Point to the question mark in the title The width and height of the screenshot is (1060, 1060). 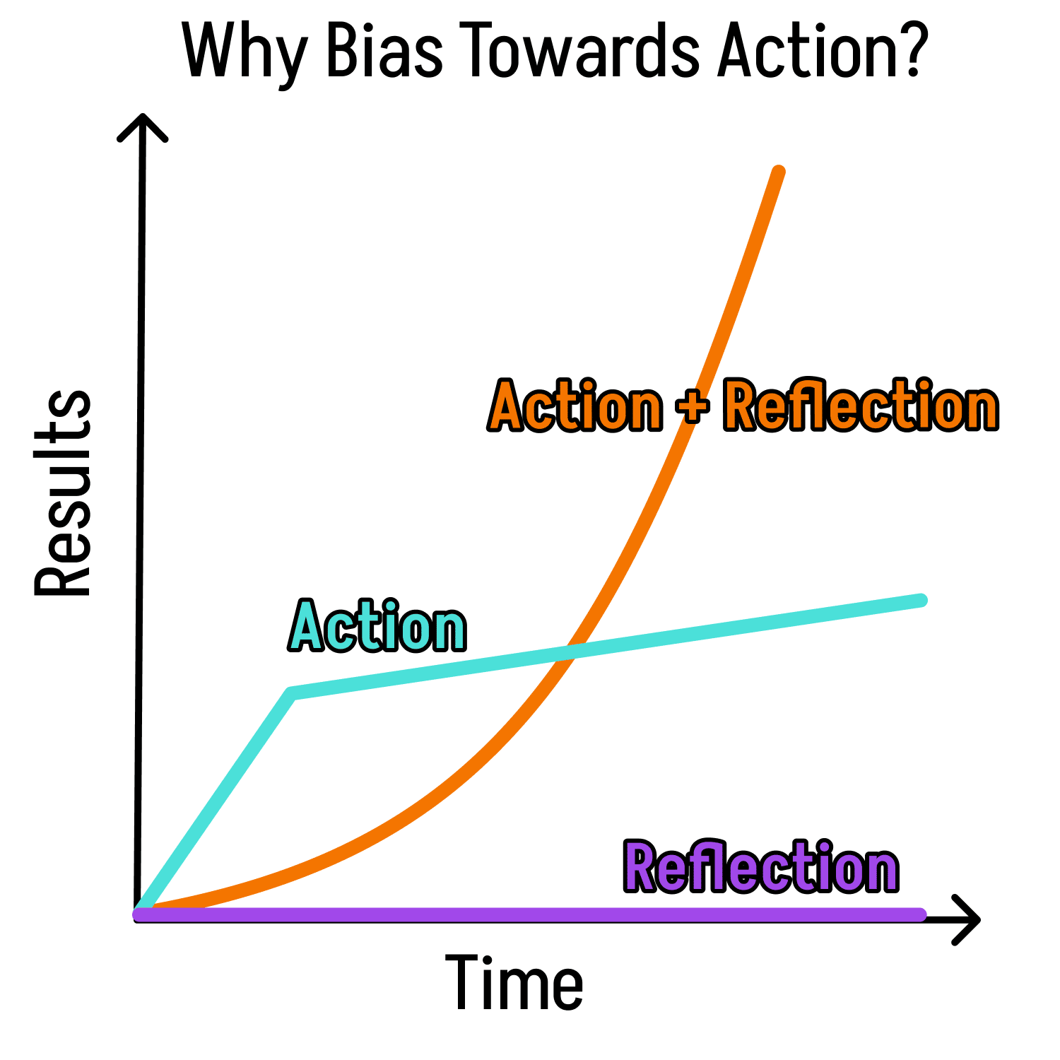click(907, 49)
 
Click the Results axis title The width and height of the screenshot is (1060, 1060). click(63, 493)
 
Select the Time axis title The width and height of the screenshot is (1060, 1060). click(514, 982)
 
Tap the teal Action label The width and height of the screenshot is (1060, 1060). click(378, 625)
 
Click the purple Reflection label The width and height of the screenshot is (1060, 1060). click(761, 866)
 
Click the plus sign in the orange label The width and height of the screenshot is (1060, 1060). click(693, 408)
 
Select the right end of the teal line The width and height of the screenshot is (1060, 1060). click(921, 600)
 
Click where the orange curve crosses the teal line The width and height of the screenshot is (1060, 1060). click(570, 652)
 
